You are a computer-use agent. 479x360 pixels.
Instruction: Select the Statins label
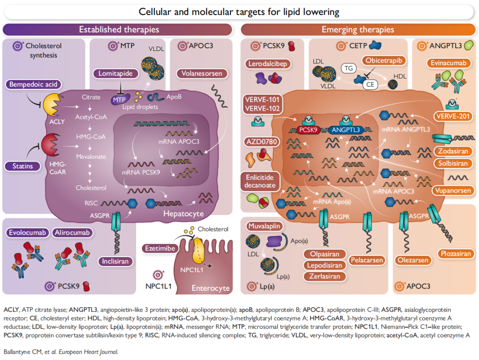point(23,167)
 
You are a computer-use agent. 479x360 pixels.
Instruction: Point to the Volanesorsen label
point(202,74)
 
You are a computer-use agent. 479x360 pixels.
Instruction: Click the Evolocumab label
point(27,233)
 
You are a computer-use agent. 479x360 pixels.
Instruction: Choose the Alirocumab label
point(72,233)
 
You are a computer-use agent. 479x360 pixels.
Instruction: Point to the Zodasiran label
point(453,151)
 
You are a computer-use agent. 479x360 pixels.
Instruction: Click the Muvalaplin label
point(264,226)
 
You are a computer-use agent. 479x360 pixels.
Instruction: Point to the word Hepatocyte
point(183,214)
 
